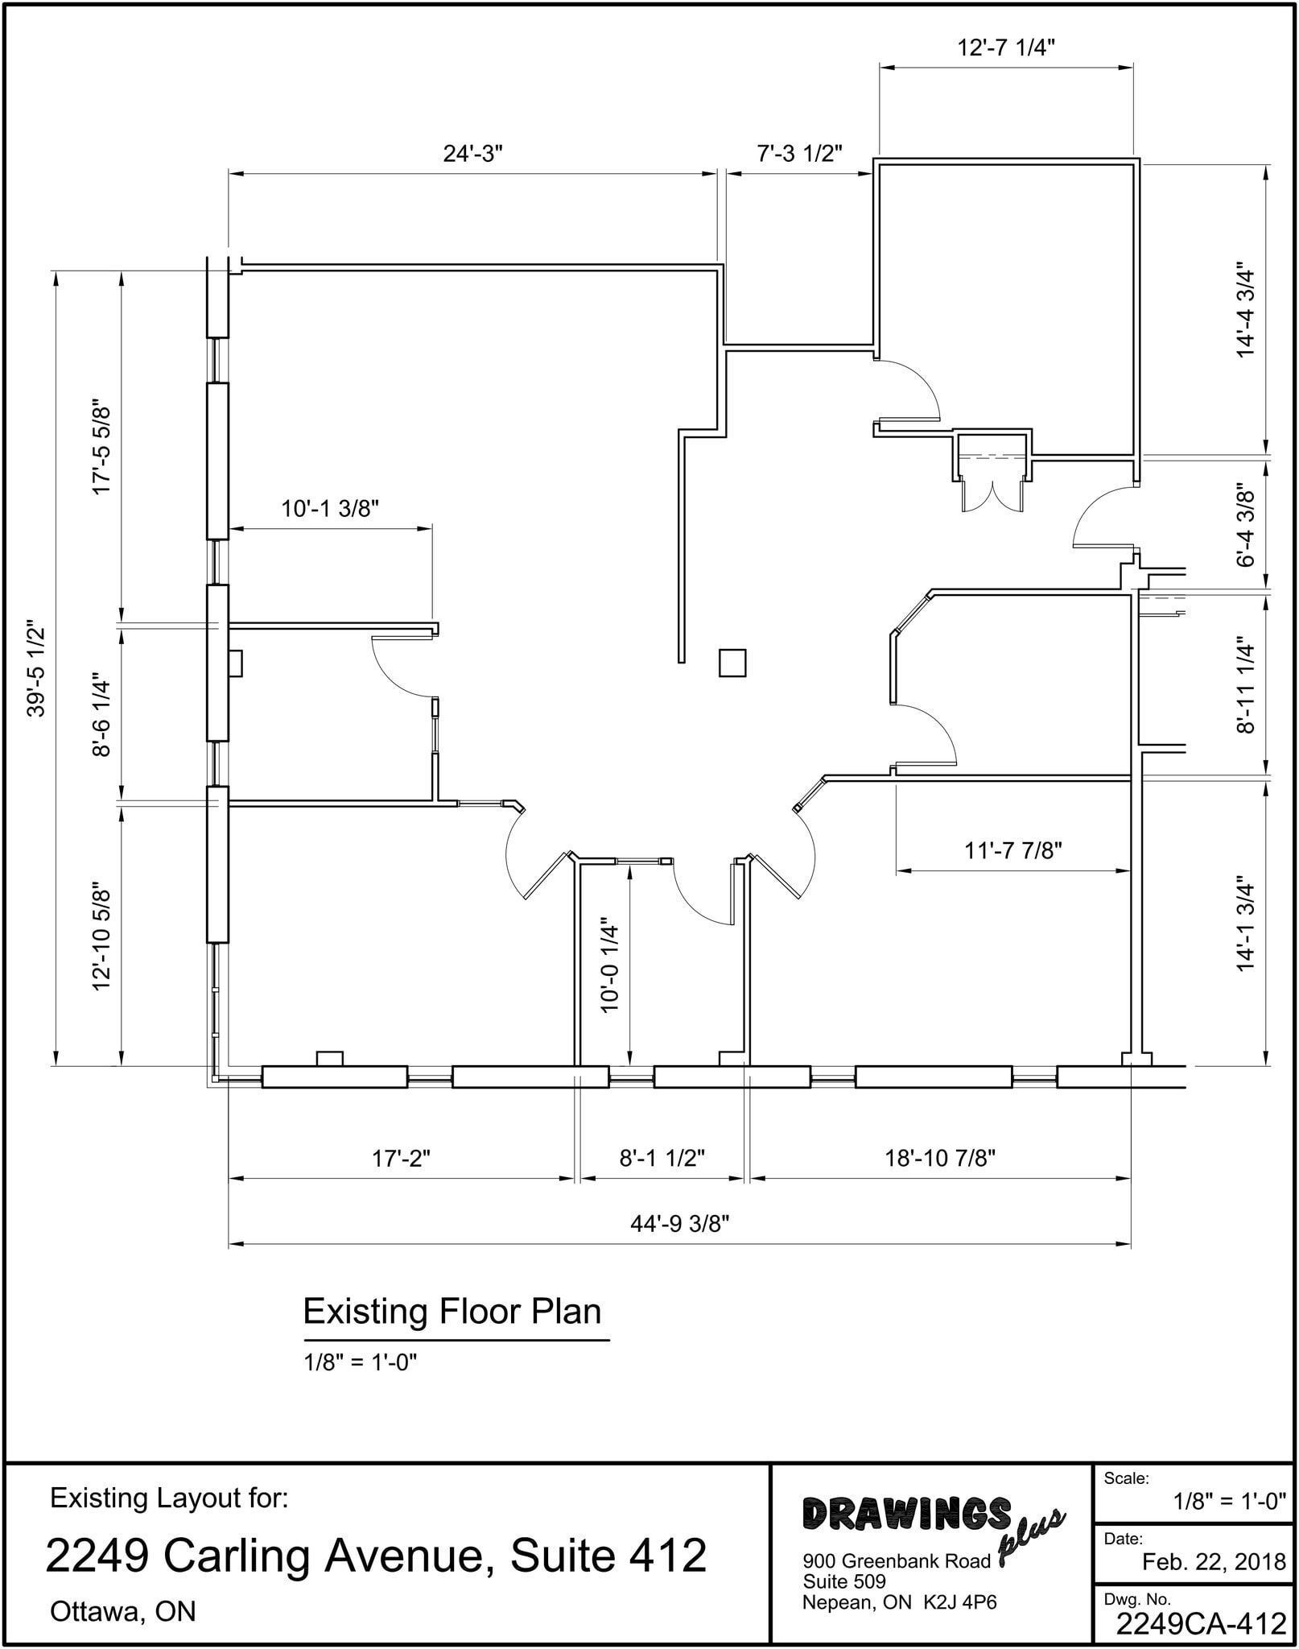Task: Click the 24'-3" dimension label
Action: click(x=472, y=154)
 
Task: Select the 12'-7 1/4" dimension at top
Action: click(x=1005, y=48)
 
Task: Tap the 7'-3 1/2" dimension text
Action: click(x=799, y=154)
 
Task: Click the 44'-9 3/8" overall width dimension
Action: click(x=679, y=1224)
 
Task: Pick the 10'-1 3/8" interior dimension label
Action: click(x=329, y=509)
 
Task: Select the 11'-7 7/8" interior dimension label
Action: click(x=1013, y=850)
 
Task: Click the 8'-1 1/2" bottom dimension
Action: click(x=662, y=1158)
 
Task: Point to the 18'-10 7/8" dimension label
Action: click(x=940, y=1158)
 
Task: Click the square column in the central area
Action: click(x=732, y=663)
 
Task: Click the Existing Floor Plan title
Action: click(x=452, y=1312)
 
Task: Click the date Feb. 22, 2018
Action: click(x=1214, y=1562)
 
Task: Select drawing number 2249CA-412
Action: click(x=1201, y=1624)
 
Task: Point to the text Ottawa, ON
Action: click(x=123, y=1611)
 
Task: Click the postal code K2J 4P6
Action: click(x=959, y=1602)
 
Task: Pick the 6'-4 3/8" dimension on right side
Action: click(x=1245, y=525)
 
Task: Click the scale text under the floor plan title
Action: click(x=360, y=1362)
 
